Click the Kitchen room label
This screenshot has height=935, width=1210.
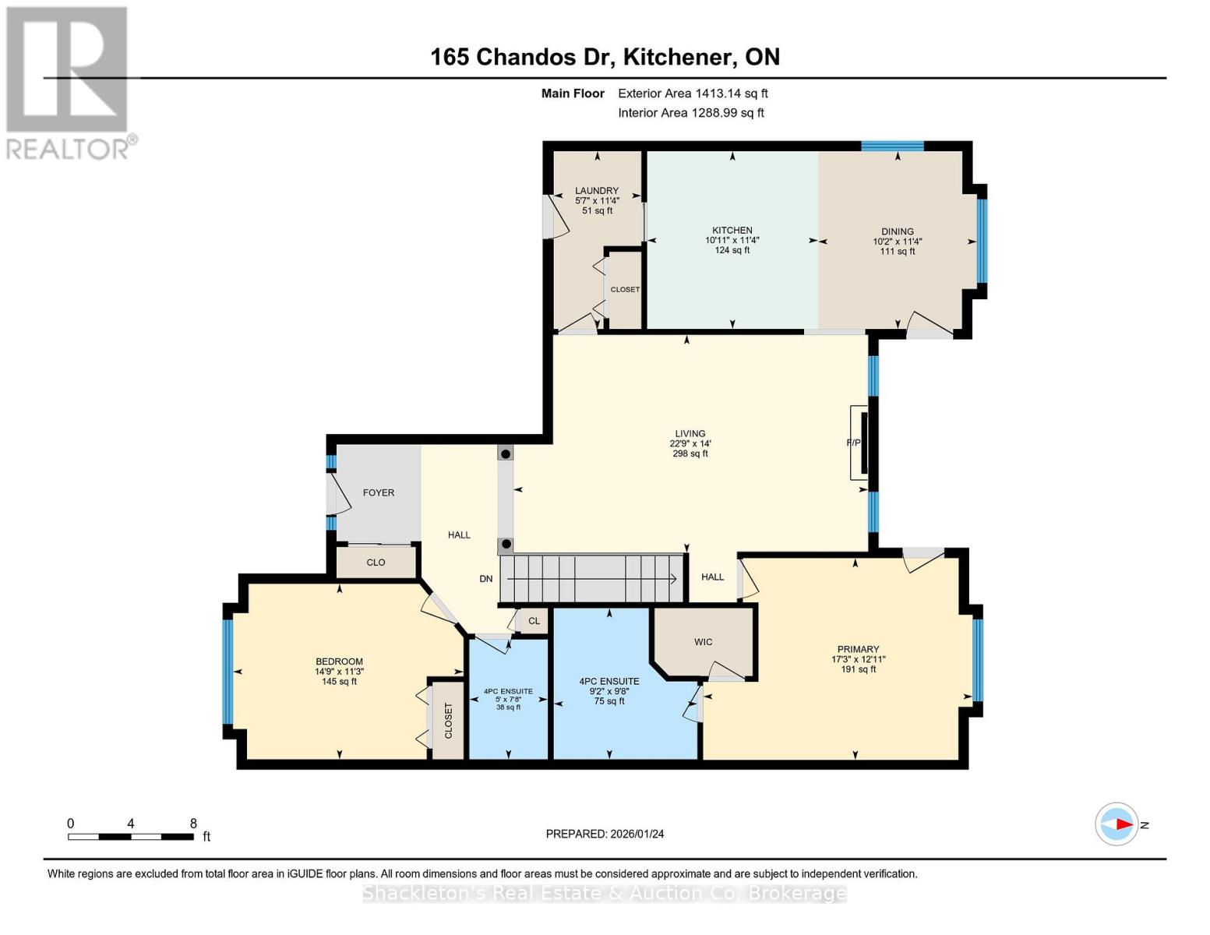pos(732,230)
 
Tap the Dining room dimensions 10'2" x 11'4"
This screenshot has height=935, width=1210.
pos(897,242)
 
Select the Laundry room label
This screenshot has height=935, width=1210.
pos(597,190)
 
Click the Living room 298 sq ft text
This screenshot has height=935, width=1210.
pos(690,453)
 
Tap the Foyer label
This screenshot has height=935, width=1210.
pos(379,492)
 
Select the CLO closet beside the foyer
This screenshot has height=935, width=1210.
pos(376,562)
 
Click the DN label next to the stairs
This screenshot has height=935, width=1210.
pos(486,578)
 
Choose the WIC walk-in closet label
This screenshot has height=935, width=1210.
pos(703,642)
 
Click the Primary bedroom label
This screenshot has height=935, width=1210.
pos(858,649)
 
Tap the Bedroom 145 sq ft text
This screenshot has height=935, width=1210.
pos(339,682)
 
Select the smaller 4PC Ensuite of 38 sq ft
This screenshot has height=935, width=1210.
pos(508,699)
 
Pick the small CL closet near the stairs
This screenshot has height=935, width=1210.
pos(534,621)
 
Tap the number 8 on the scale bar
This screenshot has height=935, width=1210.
pos(193,824)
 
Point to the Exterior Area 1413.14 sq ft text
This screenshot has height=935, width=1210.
pos(693,93)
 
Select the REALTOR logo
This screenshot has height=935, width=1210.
pos(69,82)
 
